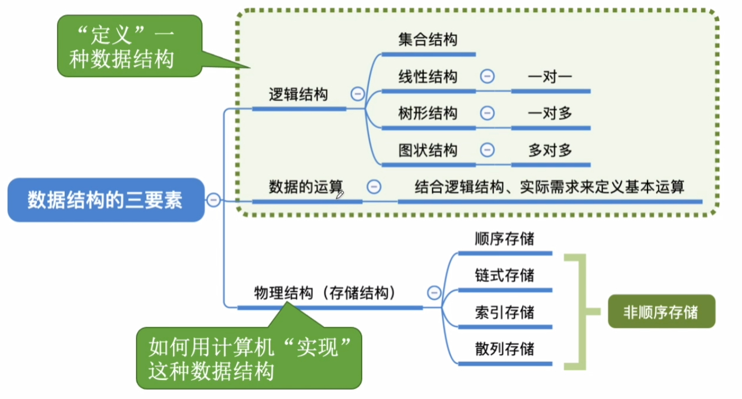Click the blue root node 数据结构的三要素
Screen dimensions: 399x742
(105, 200)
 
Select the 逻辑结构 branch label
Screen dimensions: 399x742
(298, 95)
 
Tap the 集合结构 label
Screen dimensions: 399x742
(428, 39)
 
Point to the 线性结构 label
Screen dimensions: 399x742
(428, 76)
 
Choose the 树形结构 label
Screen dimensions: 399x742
(428, 113)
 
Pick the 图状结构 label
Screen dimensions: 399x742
(428, 150)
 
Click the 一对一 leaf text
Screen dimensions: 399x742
(550, 76)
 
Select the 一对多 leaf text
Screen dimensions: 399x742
(550, 113)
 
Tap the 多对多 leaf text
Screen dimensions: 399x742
(550, 150)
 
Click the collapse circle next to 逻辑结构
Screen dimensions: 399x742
(357, 94)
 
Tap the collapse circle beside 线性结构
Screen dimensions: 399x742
(487, 76)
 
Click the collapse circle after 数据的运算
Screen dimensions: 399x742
(374, 187)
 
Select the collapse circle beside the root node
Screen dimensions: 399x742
(213, 200)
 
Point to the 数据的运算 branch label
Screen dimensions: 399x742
(306, 187)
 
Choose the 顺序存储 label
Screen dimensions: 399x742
(504, 239)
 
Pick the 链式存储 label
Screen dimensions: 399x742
(504, 275)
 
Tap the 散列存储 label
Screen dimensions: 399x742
(504, 349)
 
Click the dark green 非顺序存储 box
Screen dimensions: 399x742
(661, 313)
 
